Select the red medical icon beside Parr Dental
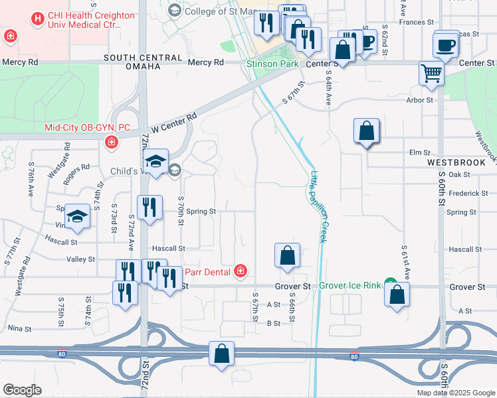pyautogui.click(x=240, y=271)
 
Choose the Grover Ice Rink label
pyautogui.click(x=350, y=285)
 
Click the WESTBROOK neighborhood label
pyautogui.click(x=452, y=162)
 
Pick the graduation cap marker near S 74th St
pyautogui.click(x=77, y=216)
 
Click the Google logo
pyautogui.click(x=22, y=390)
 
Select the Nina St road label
pyautogui.click(x=19, y=328)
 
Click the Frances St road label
pyautogui.click(x=417, y=22)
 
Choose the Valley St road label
pyautogui.click(x=83, y=259)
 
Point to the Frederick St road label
pyautogui.click(x=468, y=193)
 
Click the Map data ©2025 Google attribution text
pyautogui.click(x=455, y=393)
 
